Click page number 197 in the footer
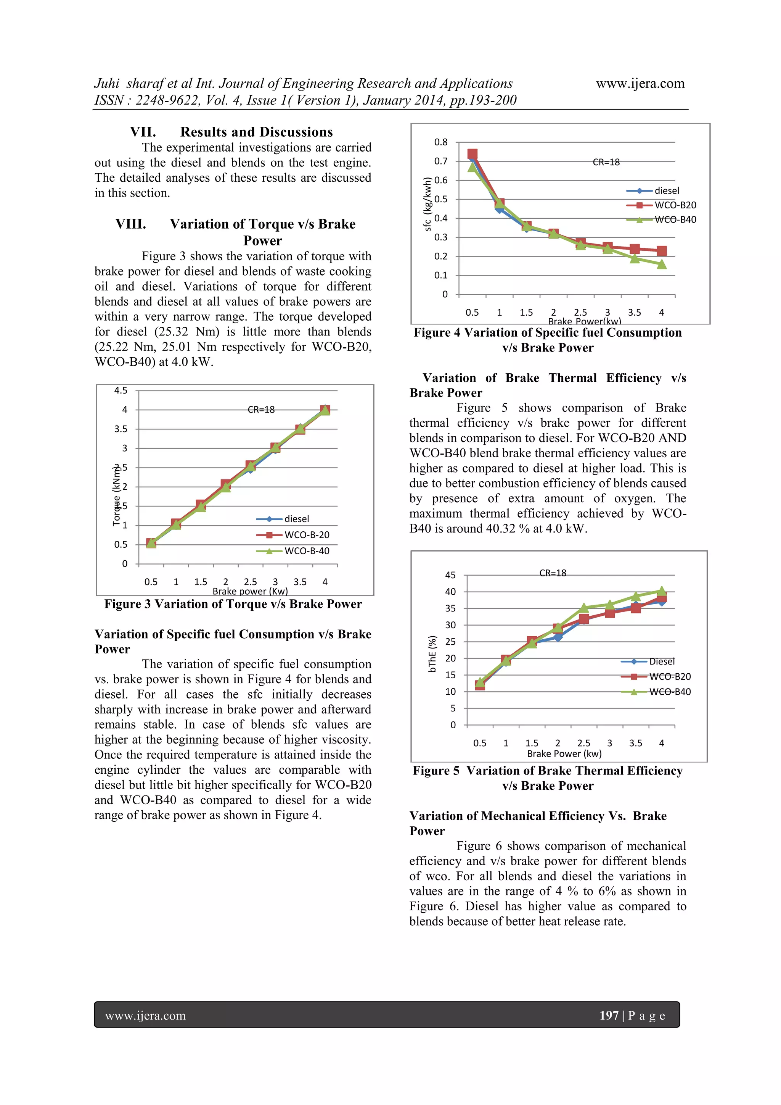608,1015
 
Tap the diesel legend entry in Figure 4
667,190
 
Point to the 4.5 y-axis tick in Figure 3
121,390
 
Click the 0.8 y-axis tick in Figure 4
440,142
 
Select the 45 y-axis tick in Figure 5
450,575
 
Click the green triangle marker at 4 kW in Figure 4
661,264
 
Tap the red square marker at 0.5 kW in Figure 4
472,154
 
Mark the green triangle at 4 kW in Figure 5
661,591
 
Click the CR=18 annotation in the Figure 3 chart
261,410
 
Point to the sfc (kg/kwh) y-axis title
427,204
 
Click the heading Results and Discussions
256,132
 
